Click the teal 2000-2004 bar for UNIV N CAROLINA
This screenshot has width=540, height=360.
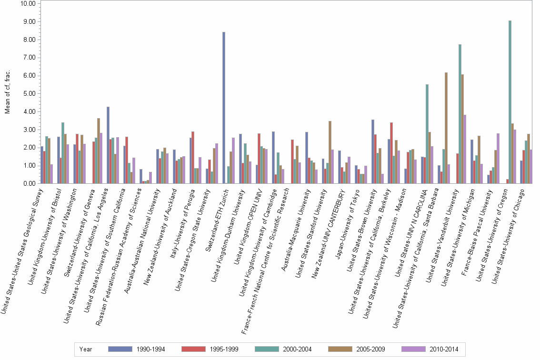[427, 134]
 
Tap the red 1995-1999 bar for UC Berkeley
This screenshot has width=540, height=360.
[391, 153]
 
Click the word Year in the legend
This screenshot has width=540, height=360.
[86, 349]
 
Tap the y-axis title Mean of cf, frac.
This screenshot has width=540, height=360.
[8, 93]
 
